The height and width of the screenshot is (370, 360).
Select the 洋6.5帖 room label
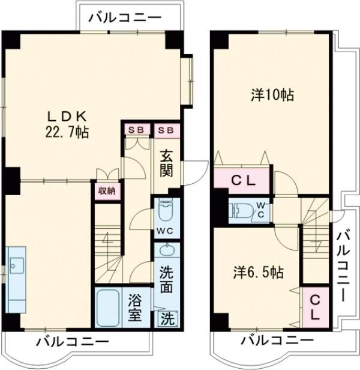258,272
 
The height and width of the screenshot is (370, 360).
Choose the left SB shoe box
137,129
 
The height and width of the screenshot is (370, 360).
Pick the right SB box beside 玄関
166,129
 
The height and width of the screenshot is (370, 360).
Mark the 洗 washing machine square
167,318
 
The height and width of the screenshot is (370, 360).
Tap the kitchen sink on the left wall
16,264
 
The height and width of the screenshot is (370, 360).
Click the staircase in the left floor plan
108,243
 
